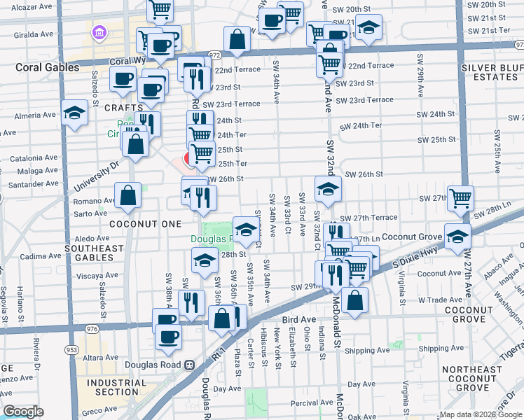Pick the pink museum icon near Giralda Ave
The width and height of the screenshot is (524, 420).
pyautogui.click(x=98, y=31)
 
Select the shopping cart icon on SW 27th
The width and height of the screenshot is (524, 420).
pyautogui.click(x=460, y=198)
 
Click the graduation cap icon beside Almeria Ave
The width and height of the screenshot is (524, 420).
pyautogui.click(x=74, y=113)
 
